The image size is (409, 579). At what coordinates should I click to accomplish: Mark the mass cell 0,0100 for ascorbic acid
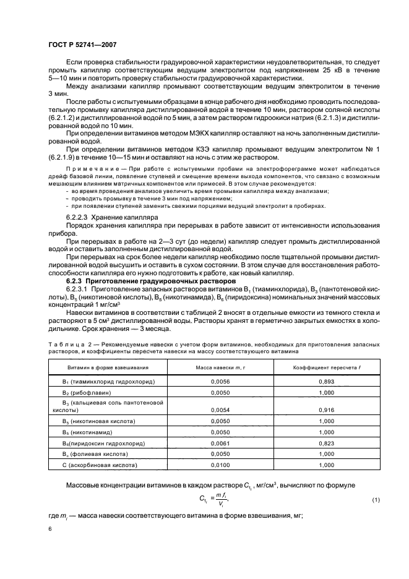pos(212,465)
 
